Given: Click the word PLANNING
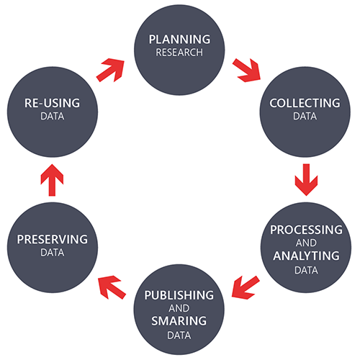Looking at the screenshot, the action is click(179, 40).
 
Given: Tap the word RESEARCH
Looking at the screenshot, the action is click(179, 53).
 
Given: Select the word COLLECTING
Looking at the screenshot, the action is click(305, 103).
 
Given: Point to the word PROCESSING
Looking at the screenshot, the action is click(306, 230).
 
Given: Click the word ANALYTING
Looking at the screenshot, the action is click(306, 256).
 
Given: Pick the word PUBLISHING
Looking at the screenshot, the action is click(179, 295).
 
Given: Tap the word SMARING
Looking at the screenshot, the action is click(179, 320).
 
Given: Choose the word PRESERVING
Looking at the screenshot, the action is click(53, 239).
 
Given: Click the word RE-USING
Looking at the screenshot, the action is click(52, 103).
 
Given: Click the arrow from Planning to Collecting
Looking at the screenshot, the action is click(247, 71).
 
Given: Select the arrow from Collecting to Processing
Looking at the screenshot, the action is click(306, 179).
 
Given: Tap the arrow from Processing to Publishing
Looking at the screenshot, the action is click(246, 287).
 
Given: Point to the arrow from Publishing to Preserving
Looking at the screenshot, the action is click(112, 287).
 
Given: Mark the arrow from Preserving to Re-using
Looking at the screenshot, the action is click(52, 180).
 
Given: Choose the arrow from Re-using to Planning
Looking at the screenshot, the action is click(110, 70).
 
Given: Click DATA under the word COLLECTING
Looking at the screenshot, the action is click(305, 116).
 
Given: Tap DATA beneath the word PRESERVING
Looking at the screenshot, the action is click(53, 253).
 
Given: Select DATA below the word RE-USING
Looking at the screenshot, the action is click(53, 116).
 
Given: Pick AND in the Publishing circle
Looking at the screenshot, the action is click(179, 308).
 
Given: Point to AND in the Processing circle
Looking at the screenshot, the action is click(306, 243).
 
